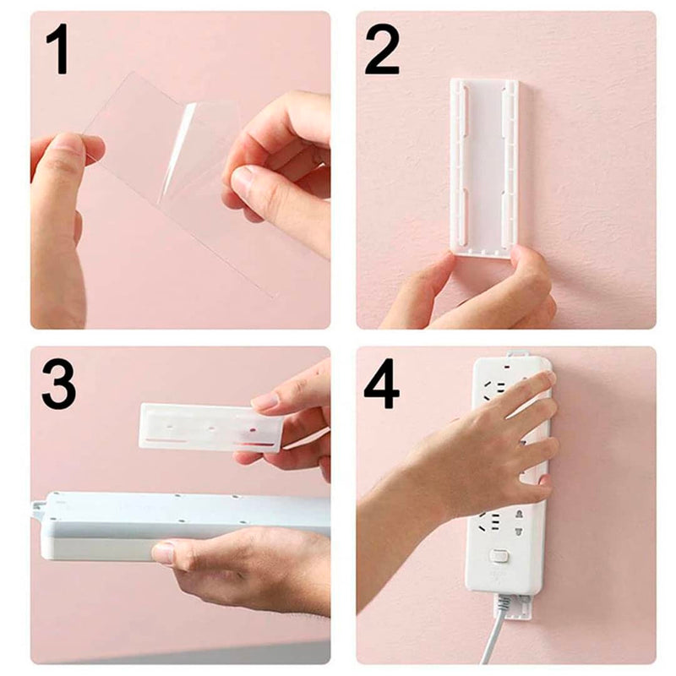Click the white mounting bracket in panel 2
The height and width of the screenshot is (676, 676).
click(x=483, y=161)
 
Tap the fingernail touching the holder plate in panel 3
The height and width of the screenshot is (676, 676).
click(x=264, y=402)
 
